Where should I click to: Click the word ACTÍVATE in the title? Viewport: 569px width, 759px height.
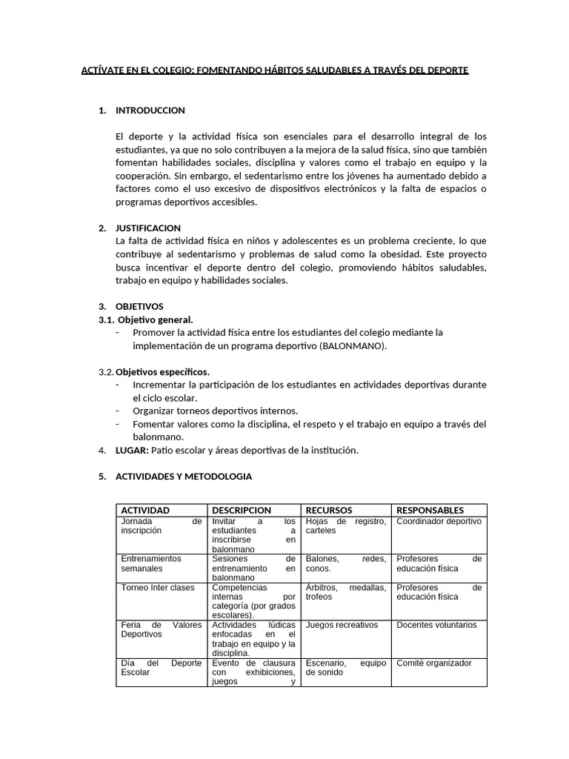click(104, 70)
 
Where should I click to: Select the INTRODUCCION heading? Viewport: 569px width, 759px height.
click(150, 110)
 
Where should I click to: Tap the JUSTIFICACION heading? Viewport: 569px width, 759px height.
click(148, 228)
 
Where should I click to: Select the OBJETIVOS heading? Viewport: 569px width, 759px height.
click(139, 306)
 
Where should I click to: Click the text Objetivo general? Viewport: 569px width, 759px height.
click(156, 319)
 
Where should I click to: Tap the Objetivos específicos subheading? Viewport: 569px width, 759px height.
click(162, 371)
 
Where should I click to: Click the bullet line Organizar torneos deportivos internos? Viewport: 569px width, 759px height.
click(215, 411)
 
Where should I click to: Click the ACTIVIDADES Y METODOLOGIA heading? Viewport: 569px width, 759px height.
click(184, 477)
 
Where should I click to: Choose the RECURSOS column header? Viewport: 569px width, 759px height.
click(329, 510)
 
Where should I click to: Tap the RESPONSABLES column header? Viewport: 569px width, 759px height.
click(430, 510)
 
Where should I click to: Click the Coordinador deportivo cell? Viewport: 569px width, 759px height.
click(439, 521)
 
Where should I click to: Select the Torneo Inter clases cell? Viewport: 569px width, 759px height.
click(158, 588)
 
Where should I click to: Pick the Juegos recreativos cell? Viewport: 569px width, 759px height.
click(342, 625)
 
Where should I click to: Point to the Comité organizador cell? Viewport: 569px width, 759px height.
click(433, 663)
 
